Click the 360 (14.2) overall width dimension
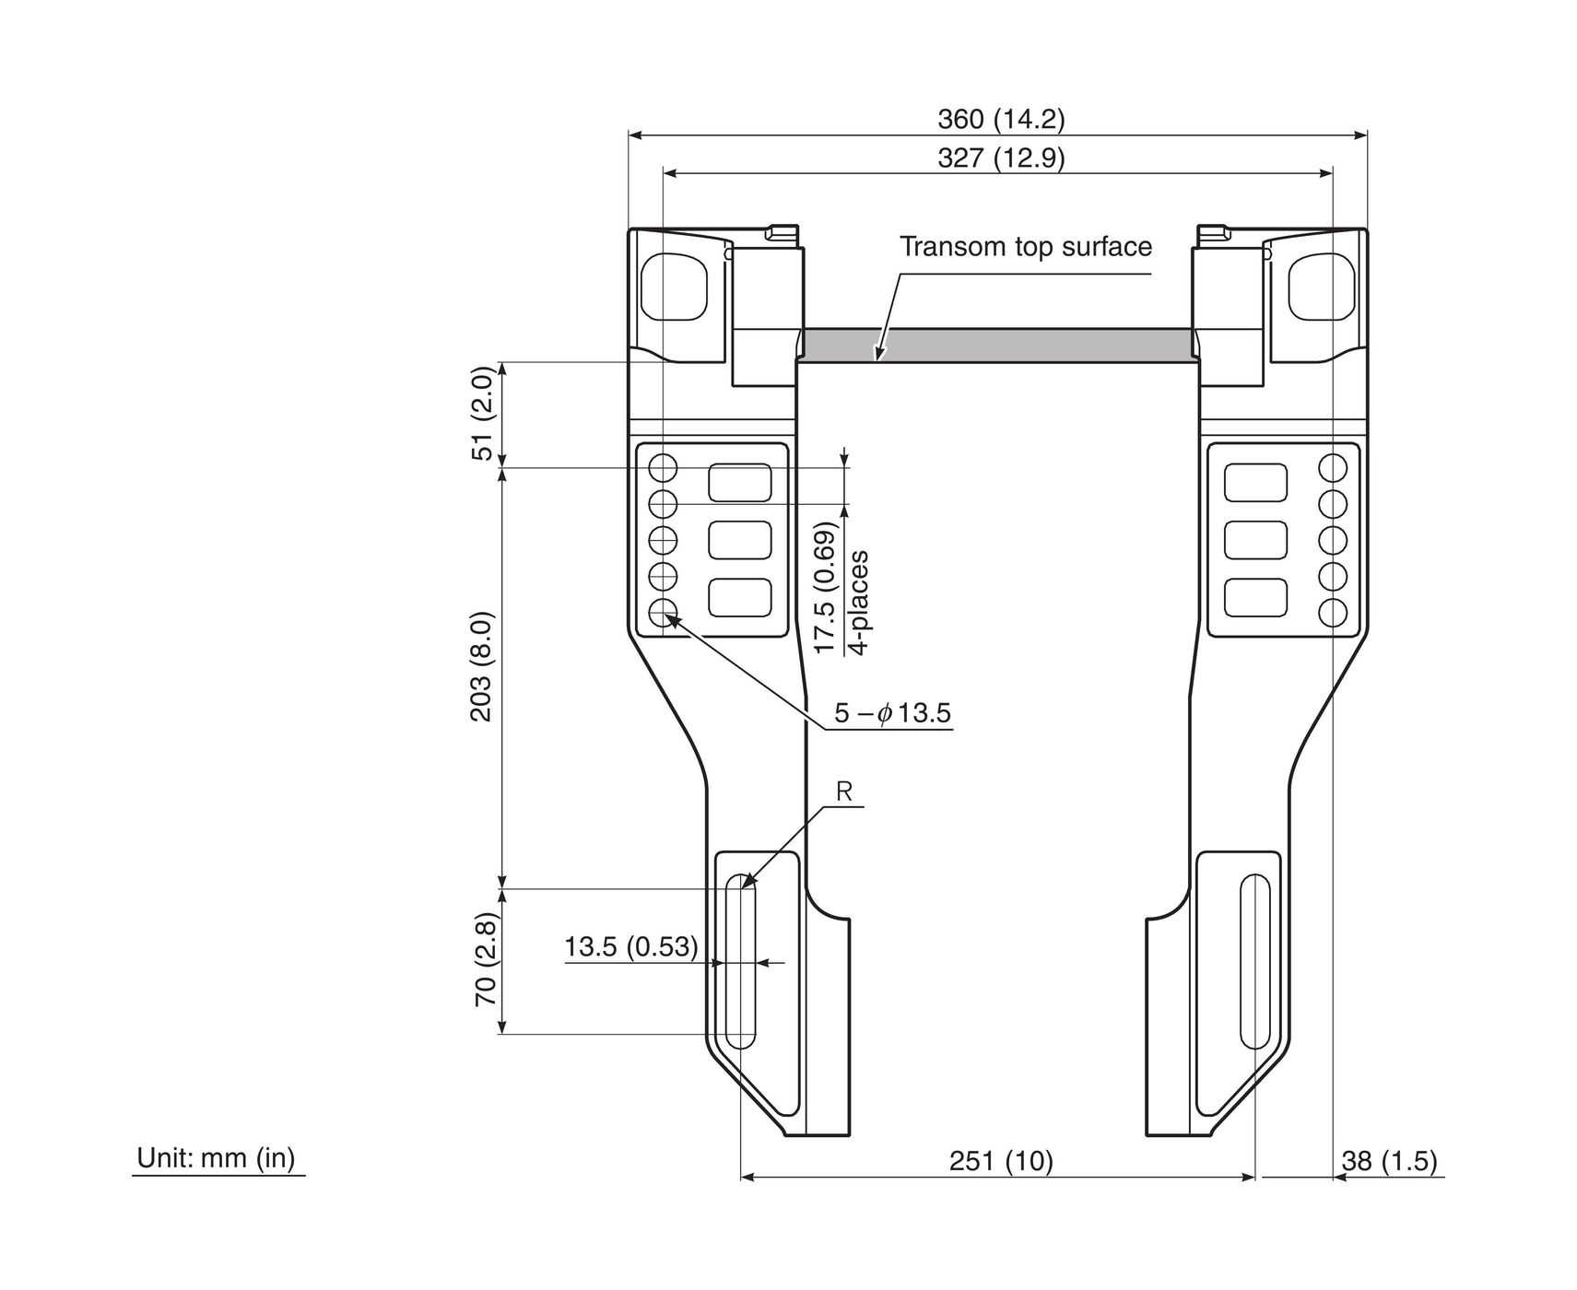pos(1000,119)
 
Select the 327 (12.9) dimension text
pos(1000,158)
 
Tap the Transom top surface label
pos(1025,246)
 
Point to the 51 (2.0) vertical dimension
pos(485,415)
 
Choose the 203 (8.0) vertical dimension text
pos(485,667)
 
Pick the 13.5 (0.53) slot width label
pos(631,946)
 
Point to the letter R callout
pos(843,791)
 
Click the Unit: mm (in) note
pos(216,1158)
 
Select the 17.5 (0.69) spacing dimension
pos(825,588)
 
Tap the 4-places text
pos(858,603)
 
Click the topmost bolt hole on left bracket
pos(663,468)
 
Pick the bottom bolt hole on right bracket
pos(1333,613)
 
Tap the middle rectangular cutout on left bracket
pos(739,540)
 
